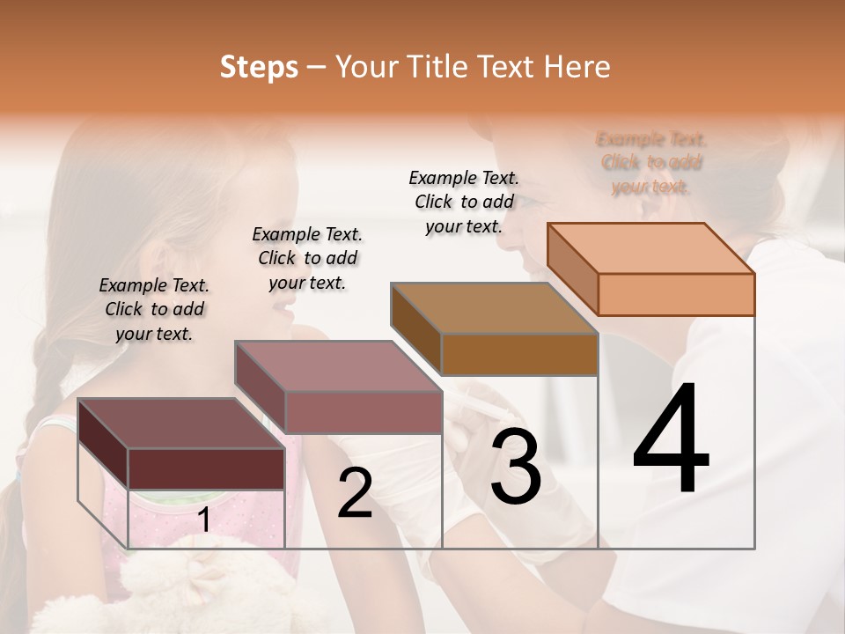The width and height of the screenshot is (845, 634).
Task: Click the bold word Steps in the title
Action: coord(259,67)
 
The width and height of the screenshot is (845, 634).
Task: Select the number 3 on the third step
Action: coord(516,467)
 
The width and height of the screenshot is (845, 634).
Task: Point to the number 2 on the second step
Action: coord(355,494)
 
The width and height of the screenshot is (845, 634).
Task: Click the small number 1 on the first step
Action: coord(203,520)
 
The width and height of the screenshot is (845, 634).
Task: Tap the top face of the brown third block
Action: coord(494,308)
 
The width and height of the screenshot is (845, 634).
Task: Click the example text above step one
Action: coord(154,309)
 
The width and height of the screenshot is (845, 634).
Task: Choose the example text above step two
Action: coord(307,258)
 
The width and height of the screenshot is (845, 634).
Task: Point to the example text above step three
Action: coord(464,202)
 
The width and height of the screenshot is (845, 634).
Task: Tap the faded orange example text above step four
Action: coord(651,163)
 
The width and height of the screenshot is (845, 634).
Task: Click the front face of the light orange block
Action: coord(676,294)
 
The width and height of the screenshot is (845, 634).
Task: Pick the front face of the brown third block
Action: coord(519,354)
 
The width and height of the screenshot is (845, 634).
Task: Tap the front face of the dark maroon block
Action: coord(206,468)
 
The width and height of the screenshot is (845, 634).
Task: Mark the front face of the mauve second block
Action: coord(363,412)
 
